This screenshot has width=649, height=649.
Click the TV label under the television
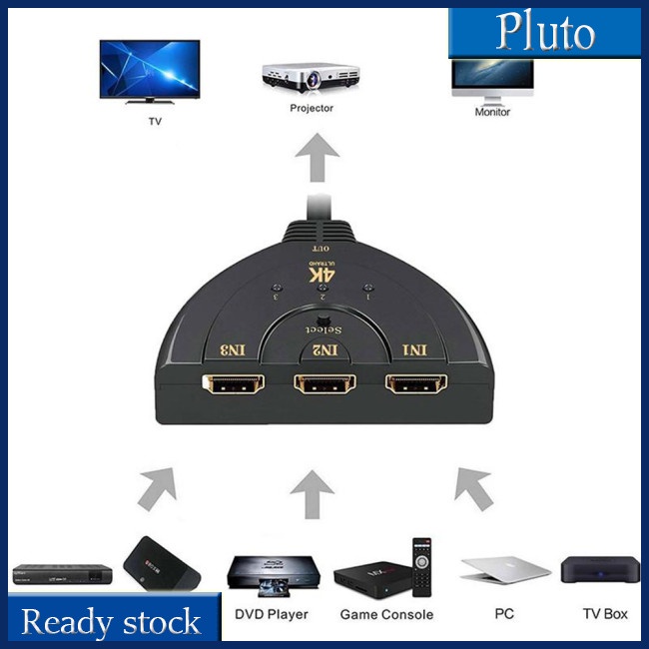[x=154, y=121]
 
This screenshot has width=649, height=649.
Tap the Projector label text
[x=312, y=108]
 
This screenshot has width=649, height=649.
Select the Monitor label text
[x=492, y=112]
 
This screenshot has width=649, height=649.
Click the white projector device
[x=312, y=77]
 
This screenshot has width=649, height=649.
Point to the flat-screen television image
[x=150, y=72]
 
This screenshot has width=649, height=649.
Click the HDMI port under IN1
[x=418, y=383]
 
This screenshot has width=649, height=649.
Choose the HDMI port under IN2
[x=325, y=383]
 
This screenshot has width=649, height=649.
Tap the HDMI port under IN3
[x=233, y=383]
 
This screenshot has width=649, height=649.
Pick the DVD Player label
[x=270, y=614]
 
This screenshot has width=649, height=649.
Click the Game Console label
[x=386, y=614]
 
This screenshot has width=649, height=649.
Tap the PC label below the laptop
[x=505, y=613]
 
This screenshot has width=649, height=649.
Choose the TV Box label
[x=605, y=613]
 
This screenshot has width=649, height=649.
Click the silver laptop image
[x=504, y=570]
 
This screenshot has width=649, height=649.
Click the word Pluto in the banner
[x=545, y=33]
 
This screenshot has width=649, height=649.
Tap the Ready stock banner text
[x=111, y=622]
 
